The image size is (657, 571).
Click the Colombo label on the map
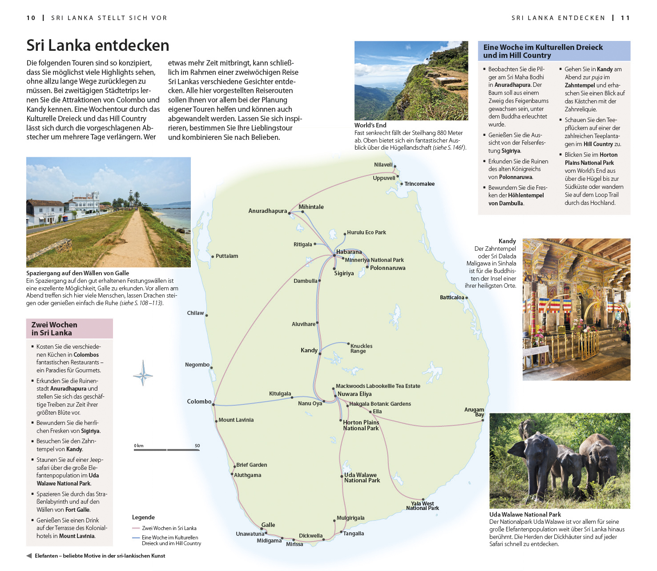coord(199,401)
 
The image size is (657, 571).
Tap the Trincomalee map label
coord(419,184)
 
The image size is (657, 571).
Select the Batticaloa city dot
coord(467,298)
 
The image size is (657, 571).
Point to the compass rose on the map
coord(143,373)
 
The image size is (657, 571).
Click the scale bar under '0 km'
coord(167,450)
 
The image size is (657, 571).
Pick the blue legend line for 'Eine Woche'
coord(136,538)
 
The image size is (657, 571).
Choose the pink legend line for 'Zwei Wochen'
coord(136,528)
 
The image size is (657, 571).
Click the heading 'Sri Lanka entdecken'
coord(98,45)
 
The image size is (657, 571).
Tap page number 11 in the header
coord(625,18)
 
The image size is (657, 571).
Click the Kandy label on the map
coord(309,350)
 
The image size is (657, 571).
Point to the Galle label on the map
coord(268,525)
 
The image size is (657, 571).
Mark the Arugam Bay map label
coord(474,412)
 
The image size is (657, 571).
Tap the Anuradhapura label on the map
coord(267,211)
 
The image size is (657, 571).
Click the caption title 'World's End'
coord(370,125)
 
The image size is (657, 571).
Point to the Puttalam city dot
coord(213,256)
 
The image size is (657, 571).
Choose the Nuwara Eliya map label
coord(354,394)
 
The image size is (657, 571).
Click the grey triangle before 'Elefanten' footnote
coord(29,556)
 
